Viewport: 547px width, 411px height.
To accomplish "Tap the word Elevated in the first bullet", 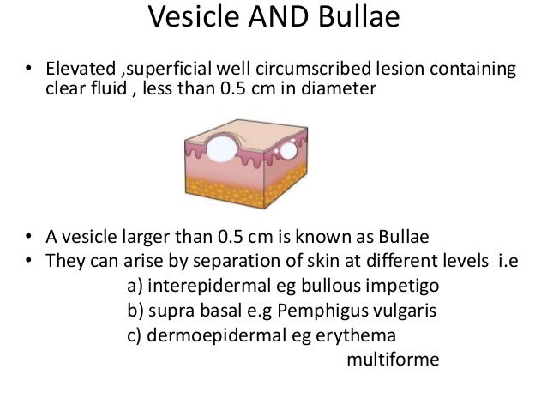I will [76, 69].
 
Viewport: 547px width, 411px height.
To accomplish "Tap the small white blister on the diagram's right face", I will [288, 150].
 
